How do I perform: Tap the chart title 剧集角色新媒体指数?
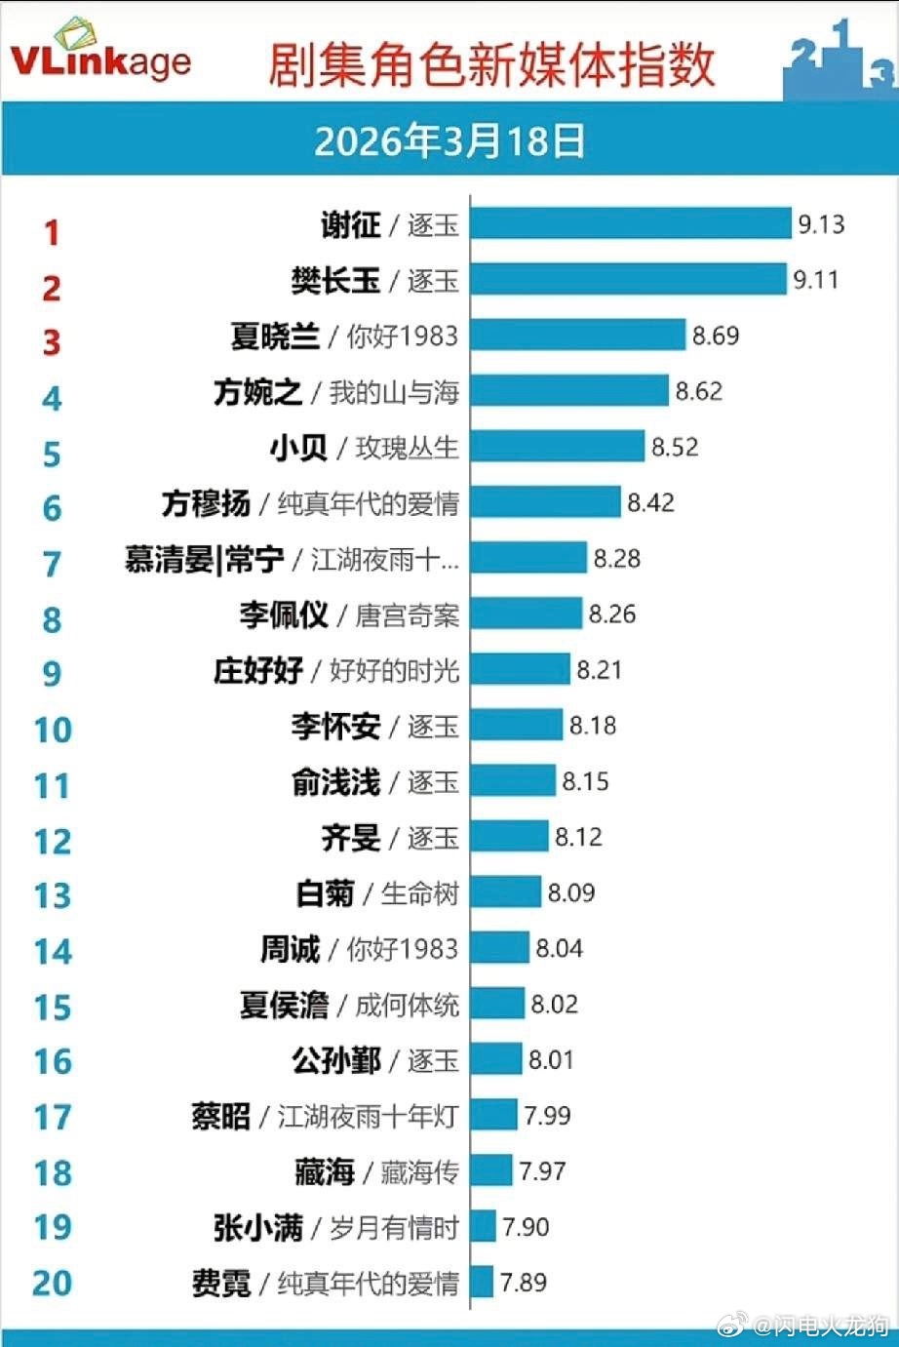pos(491,64)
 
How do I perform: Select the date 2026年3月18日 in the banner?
pos(449,141)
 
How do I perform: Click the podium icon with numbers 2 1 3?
pos(839,60)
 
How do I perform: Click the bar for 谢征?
pos(630,224)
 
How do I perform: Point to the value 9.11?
pos(815,280)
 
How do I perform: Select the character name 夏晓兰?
pos(275,337)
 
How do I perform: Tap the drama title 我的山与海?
pos(394,392)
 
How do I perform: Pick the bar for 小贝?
pos(557,447)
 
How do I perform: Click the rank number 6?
pos(52,508)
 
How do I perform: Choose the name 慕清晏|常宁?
pos(205,560)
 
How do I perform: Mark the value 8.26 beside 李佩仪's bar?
pos(611,614)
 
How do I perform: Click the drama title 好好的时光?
pos(394,671)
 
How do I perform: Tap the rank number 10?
pos(53,730)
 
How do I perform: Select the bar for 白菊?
pos(505,892)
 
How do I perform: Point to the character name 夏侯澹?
pos(285,1005)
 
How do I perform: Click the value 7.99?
pos(547,1116)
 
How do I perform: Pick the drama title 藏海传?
pos(419,1171)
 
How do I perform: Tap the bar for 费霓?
pos(482,1282)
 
